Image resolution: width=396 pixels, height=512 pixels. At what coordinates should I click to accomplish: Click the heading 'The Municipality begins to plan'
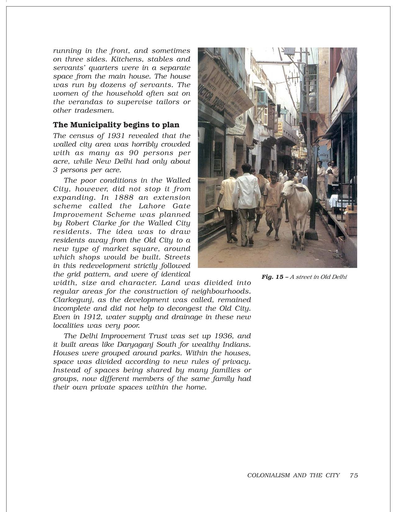click(x=116, y=125)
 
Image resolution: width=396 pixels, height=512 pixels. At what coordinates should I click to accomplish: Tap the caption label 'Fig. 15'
click(x=272, y=277)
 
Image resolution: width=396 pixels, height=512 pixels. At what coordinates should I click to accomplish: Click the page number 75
click(x=354, y=475)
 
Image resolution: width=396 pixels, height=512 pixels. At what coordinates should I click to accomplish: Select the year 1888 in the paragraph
click(x=124, y=197)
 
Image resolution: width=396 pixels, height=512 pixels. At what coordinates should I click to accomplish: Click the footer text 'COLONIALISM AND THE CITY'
click(x=293, y=475)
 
